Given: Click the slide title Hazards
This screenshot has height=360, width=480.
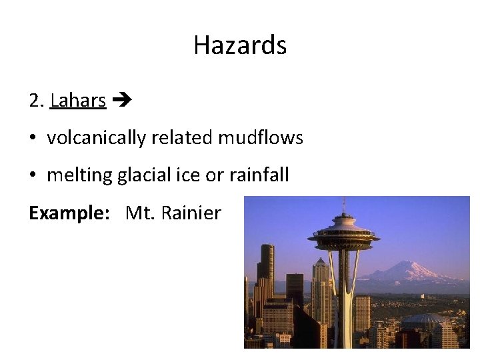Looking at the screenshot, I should [x=240, y=45].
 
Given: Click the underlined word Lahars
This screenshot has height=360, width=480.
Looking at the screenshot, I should [x=78, y=101].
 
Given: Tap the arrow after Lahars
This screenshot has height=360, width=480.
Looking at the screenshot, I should [x=123, y=101].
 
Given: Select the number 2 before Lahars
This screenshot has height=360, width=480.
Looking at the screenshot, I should [x=35, y=101].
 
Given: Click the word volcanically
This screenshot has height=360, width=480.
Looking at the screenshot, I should [x=97, y=138].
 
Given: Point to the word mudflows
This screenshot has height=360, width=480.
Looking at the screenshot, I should [x=260, y=138].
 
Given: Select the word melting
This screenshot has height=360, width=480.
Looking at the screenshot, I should [x=79, y=175].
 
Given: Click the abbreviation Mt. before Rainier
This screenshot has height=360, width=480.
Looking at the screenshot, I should [x=139, y=213].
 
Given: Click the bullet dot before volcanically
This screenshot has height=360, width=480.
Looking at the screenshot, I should [x=33, y=139].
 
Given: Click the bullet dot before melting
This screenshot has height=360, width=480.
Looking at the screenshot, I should [x=33, y=176].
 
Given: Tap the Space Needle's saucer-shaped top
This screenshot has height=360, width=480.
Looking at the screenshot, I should [x=343, y=235].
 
